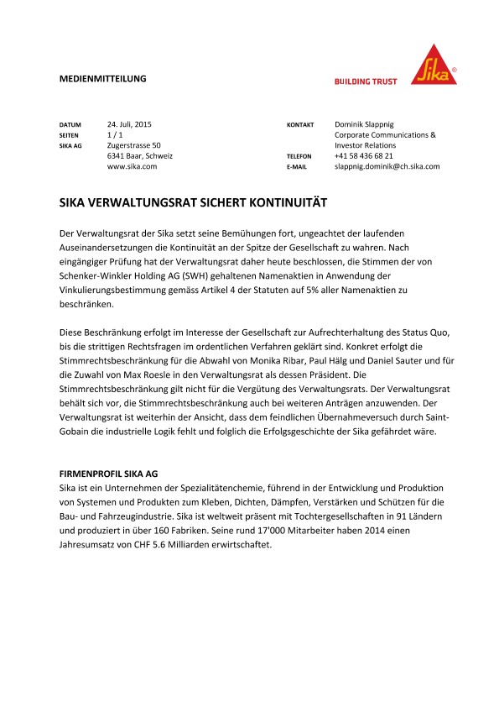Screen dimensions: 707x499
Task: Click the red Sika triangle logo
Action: coord(434,67)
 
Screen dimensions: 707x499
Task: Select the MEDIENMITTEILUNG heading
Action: coord(103,79)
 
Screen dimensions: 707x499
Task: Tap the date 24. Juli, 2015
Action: coord(129,123)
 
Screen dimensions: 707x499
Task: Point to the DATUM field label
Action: coord(70,124)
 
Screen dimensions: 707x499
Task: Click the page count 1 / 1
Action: coord(116,134)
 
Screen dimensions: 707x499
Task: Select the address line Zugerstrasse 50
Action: coord(133,145)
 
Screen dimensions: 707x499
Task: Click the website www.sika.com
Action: coord(132,167)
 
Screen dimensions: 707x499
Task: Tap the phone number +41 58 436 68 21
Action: coord(363,156)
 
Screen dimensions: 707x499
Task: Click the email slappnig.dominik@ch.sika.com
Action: coord(387,167)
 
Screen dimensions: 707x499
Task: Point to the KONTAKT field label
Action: coord(300,124)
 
